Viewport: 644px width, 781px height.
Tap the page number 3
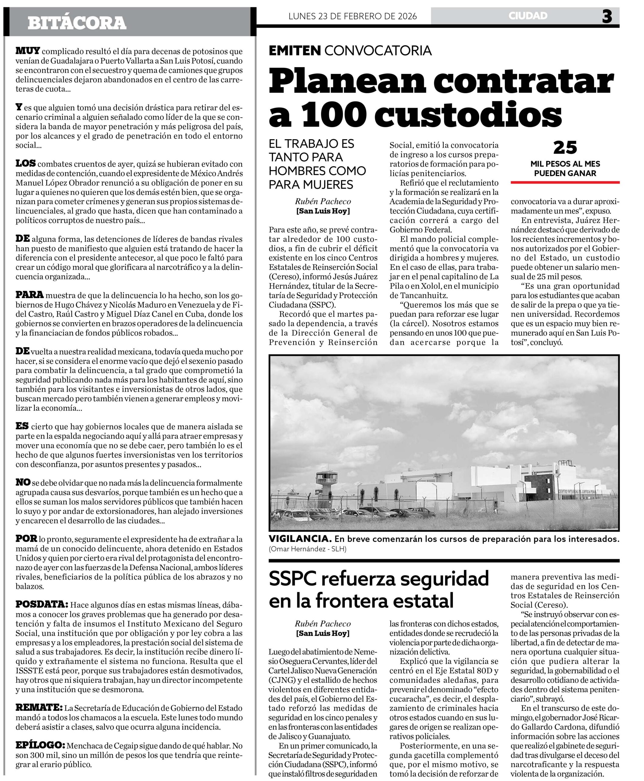[606, 16]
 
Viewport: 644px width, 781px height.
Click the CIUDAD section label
[528, 16]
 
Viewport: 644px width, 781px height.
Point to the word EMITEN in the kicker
[295, 50]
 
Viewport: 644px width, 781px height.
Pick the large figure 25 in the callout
[565, 148]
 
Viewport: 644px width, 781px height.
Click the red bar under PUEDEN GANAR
[565, 182]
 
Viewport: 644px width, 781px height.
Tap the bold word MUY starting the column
[27, 51]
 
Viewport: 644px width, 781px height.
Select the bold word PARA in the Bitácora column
[29, 295]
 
